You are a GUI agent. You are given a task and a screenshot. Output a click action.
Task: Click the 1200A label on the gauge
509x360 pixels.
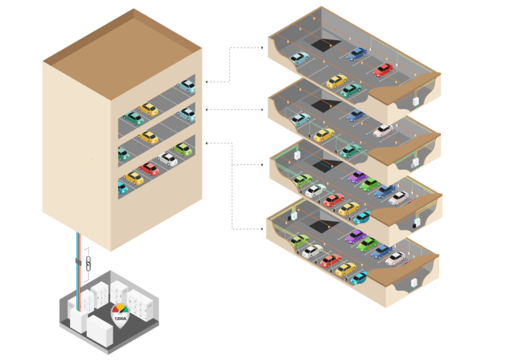tap(120, 319)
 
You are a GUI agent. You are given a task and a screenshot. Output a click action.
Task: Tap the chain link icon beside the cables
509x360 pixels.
tap(88, 264)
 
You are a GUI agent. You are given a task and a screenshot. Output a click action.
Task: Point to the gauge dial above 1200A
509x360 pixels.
tap(120, 309)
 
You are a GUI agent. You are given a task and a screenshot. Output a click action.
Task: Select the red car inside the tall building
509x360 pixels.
tap(149, 169)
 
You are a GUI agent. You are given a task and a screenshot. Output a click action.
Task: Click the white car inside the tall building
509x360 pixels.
tap(168, 159)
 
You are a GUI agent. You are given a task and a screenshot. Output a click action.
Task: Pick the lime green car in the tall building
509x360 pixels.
tap(182, 149)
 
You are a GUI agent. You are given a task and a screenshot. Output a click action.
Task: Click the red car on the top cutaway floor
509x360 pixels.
tap(383, 70)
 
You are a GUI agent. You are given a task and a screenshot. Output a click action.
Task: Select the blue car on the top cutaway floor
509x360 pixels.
tap(356, 54)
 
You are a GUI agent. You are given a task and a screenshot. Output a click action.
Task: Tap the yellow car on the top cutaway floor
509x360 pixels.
tap(337, 82)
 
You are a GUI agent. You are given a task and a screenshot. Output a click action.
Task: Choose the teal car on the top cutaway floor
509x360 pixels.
tap(351, 90)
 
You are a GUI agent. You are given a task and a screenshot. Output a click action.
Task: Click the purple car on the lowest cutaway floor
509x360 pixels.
tap(356, 236)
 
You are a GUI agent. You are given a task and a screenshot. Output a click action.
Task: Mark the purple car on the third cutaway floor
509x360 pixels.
tap(358, 177)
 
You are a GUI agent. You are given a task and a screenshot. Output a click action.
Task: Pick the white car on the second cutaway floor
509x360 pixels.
tap(383, 130)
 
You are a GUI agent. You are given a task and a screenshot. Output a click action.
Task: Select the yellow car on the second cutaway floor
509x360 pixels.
tap(324, 135)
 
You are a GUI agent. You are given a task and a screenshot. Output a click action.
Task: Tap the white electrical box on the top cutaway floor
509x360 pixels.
tap(415, 101)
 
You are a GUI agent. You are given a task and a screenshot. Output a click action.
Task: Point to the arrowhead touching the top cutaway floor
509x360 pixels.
tap(262, 48)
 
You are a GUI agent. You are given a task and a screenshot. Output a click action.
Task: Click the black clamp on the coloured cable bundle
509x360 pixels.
tap(78, 262)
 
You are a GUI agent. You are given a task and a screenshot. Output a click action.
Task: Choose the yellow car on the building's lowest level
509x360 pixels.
tap(134, 178)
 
